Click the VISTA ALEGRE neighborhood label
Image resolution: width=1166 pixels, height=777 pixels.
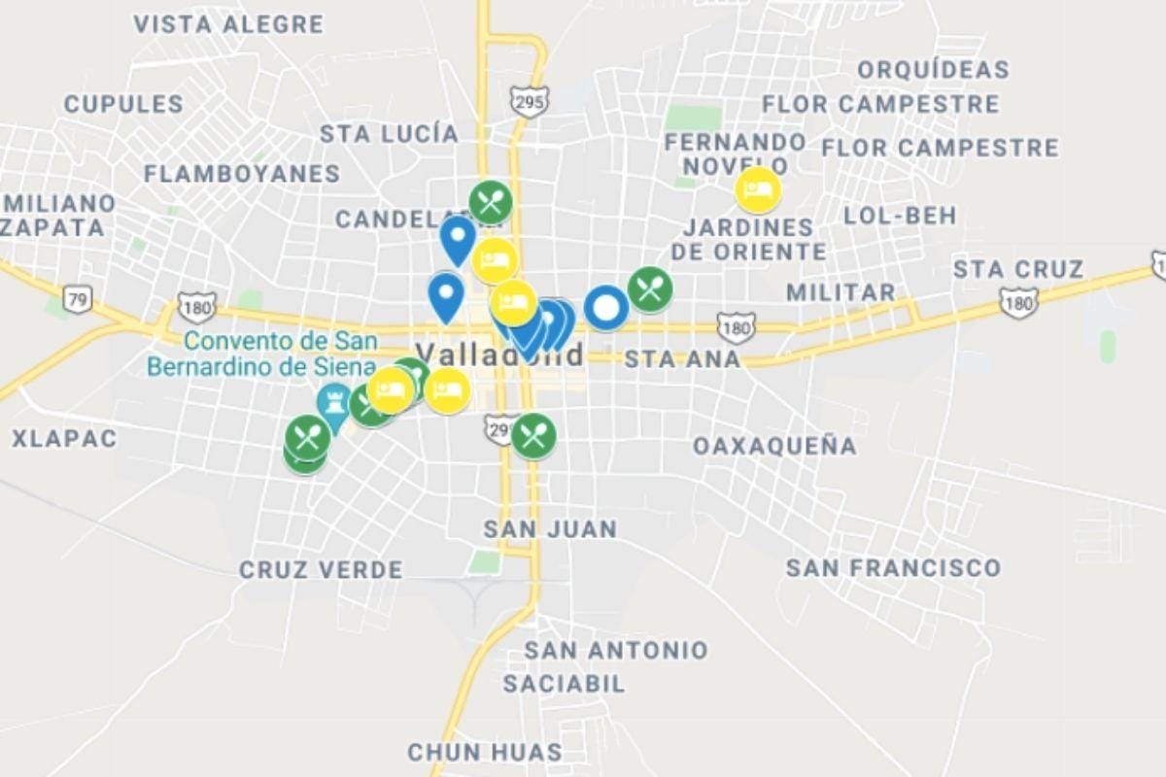pos(228,24)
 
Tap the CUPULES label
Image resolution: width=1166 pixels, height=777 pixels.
pos(123,104)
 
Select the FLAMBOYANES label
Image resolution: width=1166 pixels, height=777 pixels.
pos(242,174)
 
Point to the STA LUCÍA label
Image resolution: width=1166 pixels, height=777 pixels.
pos(389,134)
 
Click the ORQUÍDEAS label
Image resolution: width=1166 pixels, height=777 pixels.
pos(934,70)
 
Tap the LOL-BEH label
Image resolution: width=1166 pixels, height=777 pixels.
pos(900,215)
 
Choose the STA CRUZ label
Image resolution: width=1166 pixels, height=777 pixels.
pos(1018,269)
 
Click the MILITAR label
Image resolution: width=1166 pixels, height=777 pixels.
pos(840,292)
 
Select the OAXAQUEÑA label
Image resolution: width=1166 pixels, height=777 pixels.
pos(774,446)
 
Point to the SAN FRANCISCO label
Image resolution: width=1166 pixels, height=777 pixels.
pos(893,567)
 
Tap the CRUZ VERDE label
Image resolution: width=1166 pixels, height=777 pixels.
pos(321,570)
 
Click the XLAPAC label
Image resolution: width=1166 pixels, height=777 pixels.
pos(64,439)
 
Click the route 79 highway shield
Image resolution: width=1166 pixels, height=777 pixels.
pos(78,299)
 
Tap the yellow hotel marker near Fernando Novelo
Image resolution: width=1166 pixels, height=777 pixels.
pos(758,189)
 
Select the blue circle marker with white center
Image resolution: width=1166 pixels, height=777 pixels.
pos(606,308)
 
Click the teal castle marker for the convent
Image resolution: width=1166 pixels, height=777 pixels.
pos(333,401)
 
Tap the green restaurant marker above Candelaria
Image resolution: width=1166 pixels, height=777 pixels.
pos(491,202)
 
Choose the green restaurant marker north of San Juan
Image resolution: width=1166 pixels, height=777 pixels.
pos(533,435)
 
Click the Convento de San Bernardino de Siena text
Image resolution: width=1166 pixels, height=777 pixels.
pos(261,355)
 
